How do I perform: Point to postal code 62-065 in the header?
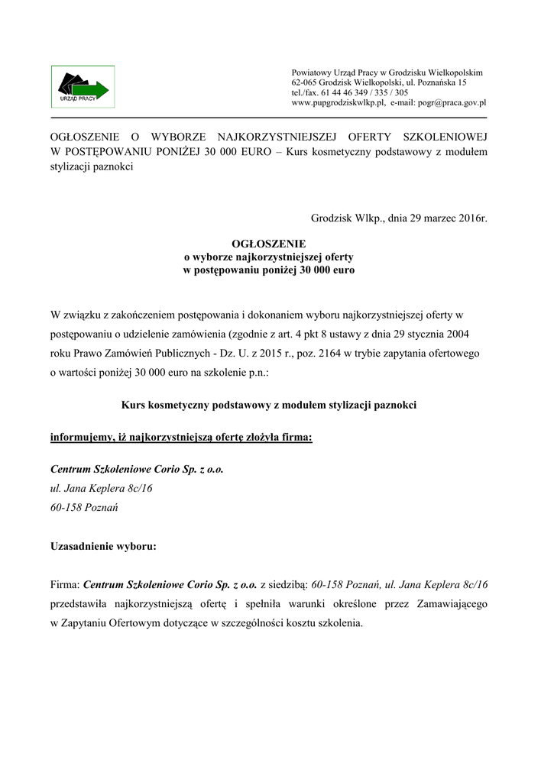click(x=304, y=82)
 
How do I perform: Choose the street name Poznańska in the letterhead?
click(x=435, y=82)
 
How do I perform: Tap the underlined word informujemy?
click(x=82, y=438)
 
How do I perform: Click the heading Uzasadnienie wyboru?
click(x=104, y=546)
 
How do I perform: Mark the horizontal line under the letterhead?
click(x=268, y=118)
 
